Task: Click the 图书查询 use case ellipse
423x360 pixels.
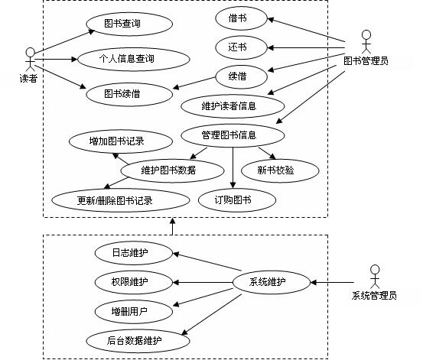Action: (129, 24)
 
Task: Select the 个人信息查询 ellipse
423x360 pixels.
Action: (134, 59)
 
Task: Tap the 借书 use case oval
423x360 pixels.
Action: (241, 18)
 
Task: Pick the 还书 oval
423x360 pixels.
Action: (241, 47)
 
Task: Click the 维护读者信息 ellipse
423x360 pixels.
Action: (233, 106)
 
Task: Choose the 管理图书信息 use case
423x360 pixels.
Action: (233, 135)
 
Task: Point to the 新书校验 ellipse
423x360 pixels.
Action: (280, 170)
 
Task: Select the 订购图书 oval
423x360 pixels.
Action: (237, 200)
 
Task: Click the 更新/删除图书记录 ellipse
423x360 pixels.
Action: (121, 200)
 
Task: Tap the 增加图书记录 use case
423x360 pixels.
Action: (121, 141)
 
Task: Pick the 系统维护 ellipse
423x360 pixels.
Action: (272, 282)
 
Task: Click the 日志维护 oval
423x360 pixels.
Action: (134, 253)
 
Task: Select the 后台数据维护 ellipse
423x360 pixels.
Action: (138, 341)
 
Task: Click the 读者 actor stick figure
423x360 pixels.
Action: (31, 60)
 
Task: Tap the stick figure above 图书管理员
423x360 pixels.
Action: (366, 42)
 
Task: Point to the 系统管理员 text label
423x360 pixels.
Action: (374, 296)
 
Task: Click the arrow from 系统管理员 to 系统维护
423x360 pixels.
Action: (332, 283)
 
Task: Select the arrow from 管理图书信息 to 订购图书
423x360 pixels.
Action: (233, 167)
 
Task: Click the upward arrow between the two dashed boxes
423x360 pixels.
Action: (172, 226)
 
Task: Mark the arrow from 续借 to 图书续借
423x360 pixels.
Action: (194, 83)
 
